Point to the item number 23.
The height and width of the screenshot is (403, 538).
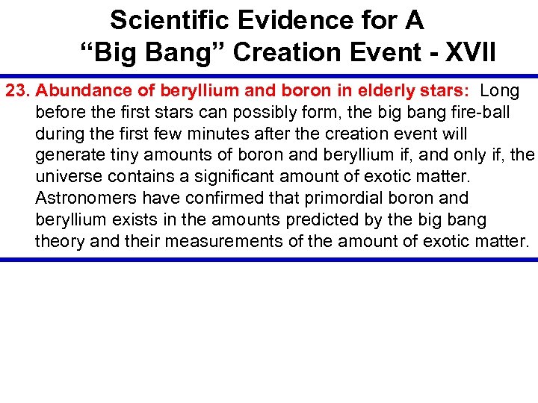pos(18,91)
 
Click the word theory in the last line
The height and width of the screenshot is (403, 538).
pos(58,242)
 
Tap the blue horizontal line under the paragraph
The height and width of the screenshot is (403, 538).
pos(269,260)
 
